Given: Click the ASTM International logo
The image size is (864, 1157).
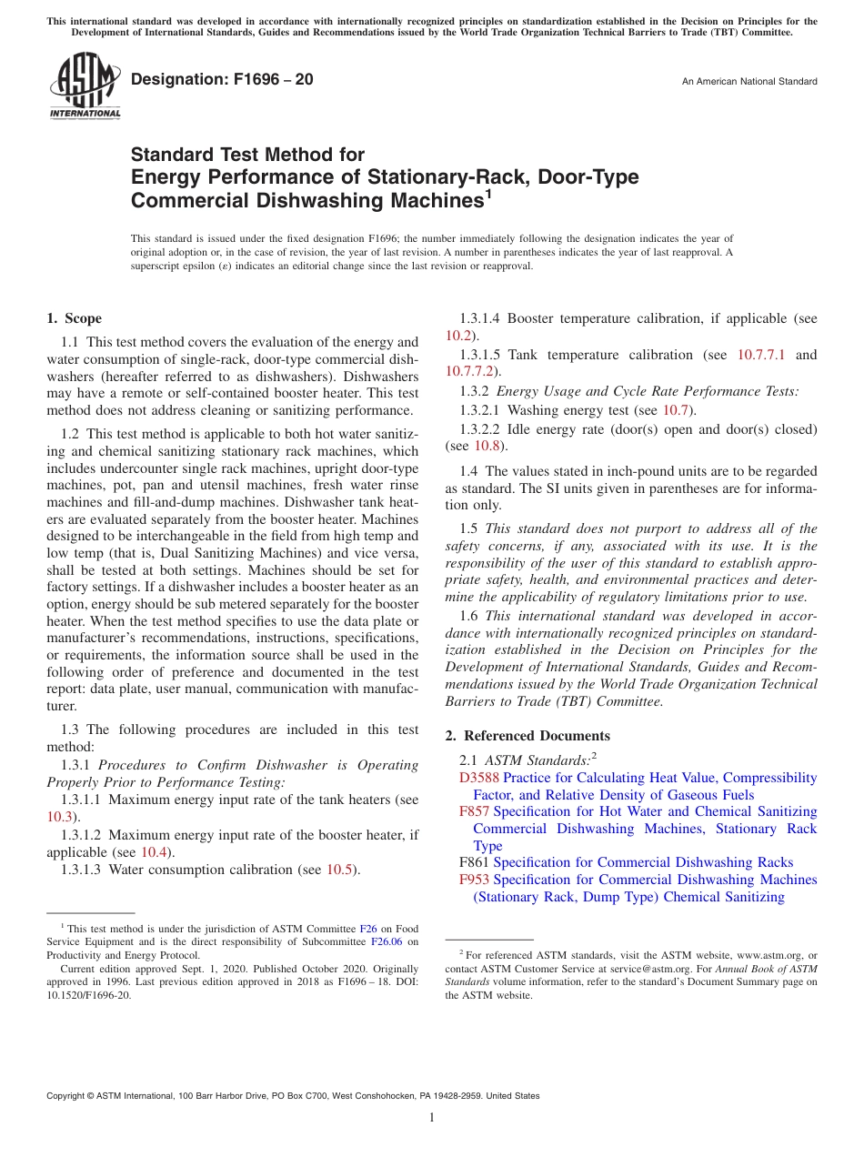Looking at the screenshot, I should [84, 86].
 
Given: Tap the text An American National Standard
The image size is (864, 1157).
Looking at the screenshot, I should [749, 82].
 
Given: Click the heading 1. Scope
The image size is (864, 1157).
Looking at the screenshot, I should [74, 318].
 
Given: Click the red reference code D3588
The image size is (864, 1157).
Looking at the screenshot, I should [479, 778].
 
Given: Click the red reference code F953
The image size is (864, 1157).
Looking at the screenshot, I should [474, 880].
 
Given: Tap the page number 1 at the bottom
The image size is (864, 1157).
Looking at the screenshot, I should [432, 1117].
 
